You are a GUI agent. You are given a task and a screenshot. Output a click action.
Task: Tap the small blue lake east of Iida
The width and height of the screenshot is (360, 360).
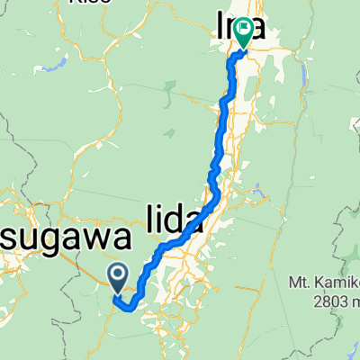point(258,191)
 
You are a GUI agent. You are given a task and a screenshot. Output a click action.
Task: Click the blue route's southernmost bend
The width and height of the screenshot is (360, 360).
point(130,308)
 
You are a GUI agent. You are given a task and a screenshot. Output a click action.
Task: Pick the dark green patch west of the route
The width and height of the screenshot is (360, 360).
point(169,88)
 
